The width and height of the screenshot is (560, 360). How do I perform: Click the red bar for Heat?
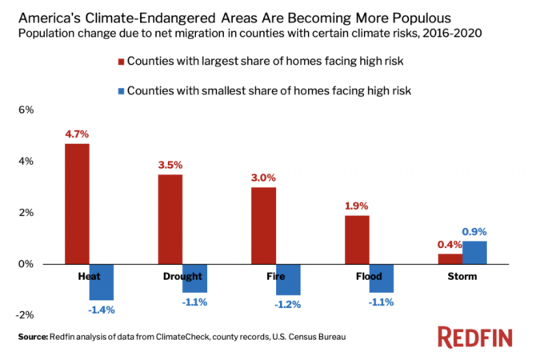pos(77,204)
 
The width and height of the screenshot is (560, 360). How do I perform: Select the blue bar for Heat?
pos(101,282)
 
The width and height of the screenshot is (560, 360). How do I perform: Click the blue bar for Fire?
pos(287,279)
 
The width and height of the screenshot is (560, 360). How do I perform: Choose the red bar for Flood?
pos(357,240)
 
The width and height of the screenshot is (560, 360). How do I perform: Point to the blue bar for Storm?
pos(474,253)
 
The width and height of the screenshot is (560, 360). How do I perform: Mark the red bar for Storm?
pos(450,259)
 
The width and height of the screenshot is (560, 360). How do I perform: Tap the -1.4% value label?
pos(102,309)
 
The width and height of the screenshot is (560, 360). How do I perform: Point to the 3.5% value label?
pos(170,166)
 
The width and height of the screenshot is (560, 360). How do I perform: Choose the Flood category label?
pos(369,276)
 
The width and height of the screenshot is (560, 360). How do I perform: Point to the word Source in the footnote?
pos(33,337)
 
